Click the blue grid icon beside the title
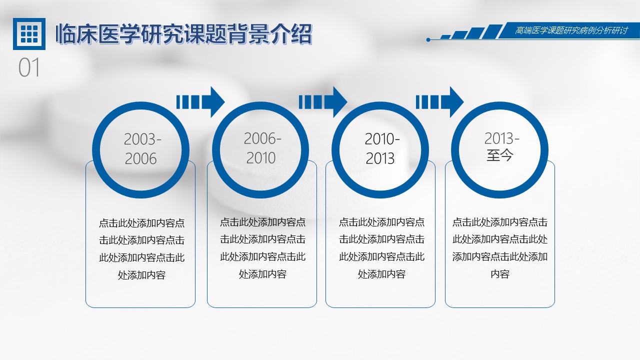coord(29,33)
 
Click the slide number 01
coord(29,67)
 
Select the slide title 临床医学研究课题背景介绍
coord(183,34)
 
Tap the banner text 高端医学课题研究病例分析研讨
coord(571,30)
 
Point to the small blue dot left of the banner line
coord(428,39)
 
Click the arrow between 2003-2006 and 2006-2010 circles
coord(200,102)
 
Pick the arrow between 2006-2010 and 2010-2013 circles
coord(323,102)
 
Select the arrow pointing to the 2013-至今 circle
coord(439,102)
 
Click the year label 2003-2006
coord(142,149)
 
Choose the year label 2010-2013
coord(381,148)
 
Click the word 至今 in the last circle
coord(500,155)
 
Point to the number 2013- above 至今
coord(501,138)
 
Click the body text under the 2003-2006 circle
coord(141,249)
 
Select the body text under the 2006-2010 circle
coord(262,248)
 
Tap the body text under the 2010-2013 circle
coord(381,248)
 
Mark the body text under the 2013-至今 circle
coord(500,248)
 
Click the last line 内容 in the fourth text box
coord(500,274)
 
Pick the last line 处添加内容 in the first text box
coord(141,275)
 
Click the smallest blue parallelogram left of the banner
coord(445,36)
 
